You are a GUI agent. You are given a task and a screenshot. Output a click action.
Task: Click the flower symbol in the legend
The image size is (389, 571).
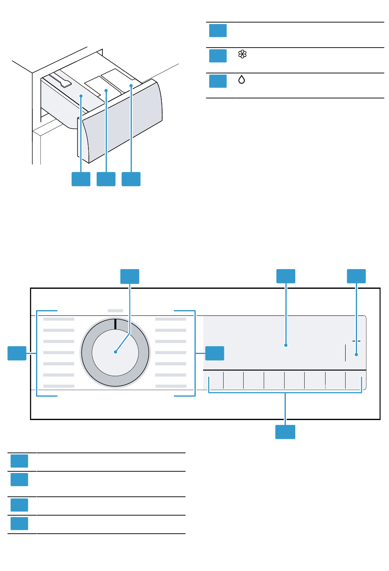coord(242,54)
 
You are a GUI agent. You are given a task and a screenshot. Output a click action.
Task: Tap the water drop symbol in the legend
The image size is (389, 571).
coord(242,80)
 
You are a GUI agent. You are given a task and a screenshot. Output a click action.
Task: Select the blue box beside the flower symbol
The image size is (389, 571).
coord(218,56)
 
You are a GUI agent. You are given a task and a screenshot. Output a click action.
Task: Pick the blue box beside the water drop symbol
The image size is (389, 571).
coord(218,81)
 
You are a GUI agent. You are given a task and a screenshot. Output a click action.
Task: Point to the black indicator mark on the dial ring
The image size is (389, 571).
coord(115,324)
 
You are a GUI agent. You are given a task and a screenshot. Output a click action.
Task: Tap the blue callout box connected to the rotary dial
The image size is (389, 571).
coord(129,276)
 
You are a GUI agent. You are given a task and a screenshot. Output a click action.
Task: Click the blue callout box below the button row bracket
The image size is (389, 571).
coord(285,432)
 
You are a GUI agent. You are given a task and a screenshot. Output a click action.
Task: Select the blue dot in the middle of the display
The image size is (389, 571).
coord(286,345)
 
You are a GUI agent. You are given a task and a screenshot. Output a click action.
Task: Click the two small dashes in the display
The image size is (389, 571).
coord(356,340)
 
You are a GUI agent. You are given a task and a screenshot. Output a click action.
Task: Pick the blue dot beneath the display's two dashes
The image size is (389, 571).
coord(357,355)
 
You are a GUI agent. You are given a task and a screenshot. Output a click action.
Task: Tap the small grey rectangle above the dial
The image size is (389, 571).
coord(115,311)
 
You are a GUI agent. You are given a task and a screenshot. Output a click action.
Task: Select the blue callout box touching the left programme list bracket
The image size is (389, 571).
coord(17,353)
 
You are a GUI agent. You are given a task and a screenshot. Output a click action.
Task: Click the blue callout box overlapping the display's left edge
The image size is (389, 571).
coord(215,353)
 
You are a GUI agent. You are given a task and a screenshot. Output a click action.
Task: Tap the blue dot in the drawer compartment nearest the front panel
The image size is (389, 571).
coord(131,86)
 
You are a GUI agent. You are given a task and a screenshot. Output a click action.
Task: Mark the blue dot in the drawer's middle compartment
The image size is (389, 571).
coord(106,90)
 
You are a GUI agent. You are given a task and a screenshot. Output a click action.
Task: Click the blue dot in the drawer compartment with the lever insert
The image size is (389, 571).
coord(81,96)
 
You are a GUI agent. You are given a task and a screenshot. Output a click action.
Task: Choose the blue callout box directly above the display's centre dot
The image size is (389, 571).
coord(286,276)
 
